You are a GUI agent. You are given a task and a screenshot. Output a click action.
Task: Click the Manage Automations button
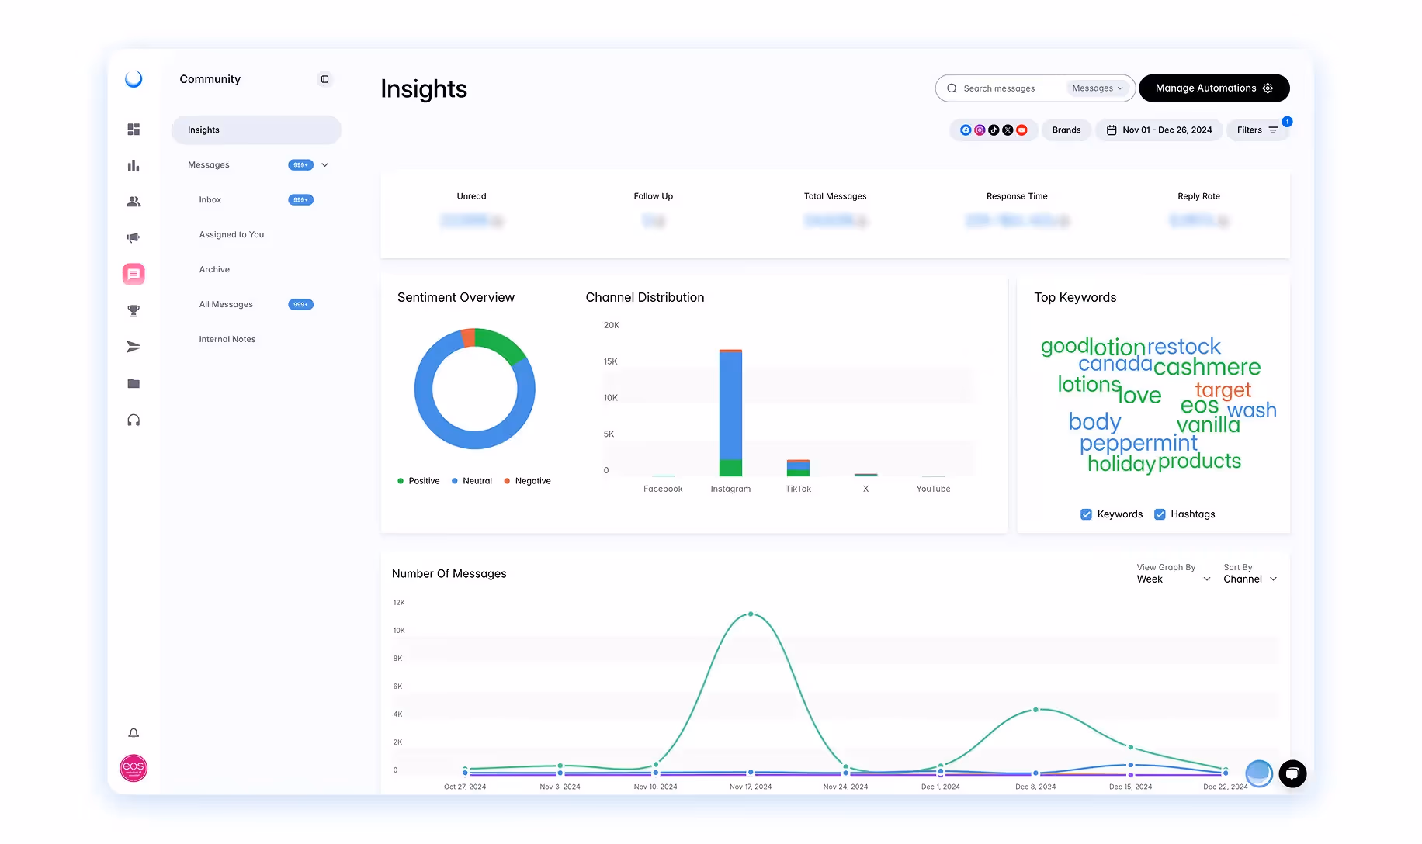coord(1213,88)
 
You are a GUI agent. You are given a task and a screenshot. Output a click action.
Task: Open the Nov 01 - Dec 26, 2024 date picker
coord(1159,130)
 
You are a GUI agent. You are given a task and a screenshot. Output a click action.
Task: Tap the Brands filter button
coord(1066,130)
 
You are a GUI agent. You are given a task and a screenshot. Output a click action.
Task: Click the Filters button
coord(1257,130)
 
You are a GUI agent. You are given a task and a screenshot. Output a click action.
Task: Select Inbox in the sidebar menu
coord(210,200)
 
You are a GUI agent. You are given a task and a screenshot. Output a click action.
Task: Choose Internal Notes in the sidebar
coord(227,340)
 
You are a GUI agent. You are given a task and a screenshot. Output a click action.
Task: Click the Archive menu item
coord(214,270)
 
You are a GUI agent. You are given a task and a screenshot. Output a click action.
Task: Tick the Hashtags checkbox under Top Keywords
coord(1160,514)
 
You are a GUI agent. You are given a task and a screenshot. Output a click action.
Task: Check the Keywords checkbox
coord(1086,514)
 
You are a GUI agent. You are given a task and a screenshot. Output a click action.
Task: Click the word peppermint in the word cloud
coord(1138,443)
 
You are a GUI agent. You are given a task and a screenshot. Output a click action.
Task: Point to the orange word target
coord(1223,389)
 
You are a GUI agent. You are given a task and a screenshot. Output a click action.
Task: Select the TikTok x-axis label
coord(798,489)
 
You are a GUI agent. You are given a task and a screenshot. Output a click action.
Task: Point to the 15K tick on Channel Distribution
coord(611,361)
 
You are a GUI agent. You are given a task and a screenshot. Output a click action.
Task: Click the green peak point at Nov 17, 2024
coord(751,614)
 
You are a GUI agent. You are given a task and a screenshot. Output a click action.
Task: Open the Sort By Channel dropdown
coord(1250,579)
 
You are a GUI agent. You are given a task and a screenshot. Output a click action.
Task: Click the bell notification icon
coord(134,733)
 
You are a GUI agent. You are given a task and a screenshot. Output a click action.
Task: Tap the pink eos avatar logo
coord(134,768)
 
